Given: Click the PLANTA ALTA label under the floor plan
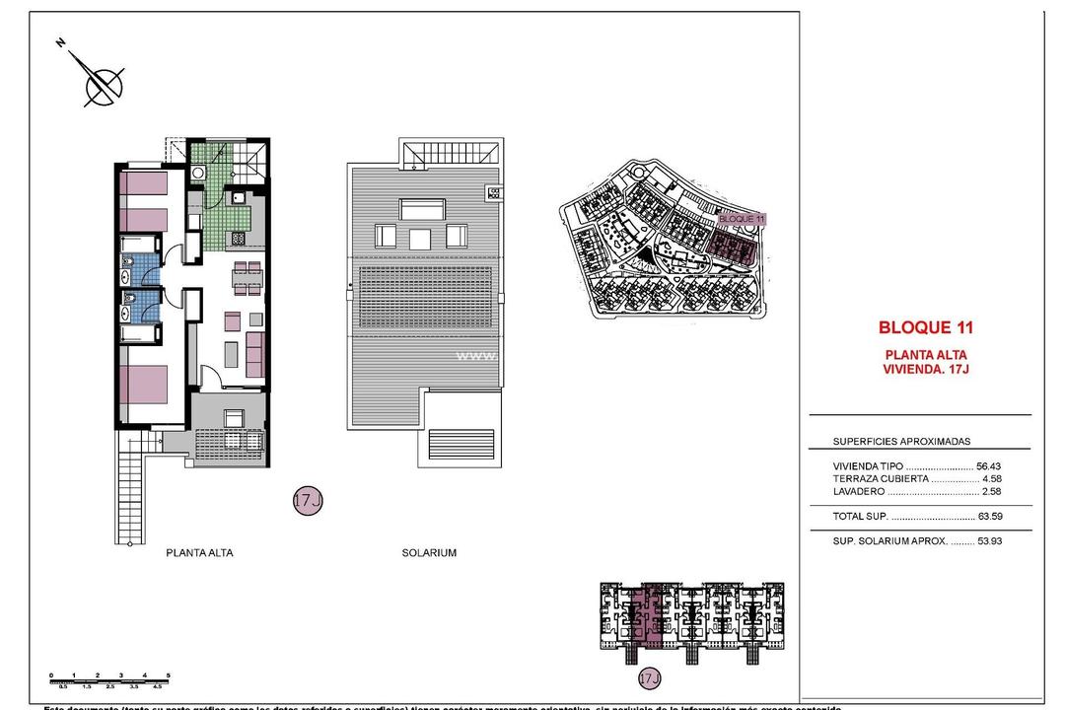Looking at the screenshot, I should [x=199, y=553].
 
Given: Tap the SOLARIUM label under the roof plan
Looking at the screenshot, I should [x=429, y=553].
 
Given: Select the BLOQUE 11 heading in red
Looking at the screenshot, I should [x=925, y=327].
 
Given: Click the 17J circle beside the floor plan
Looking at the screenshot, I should [x=308, y=501].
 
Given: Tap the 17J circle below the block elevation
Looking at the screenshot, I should [x=648, y=678].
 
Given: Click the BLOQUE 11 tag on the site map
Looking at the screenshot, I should [x=742, y=218].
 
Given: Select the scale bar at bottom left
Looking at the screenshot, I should [x=109, y=677].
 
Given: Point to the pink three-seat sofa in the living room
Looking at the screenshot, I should [x=255, y=355].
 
